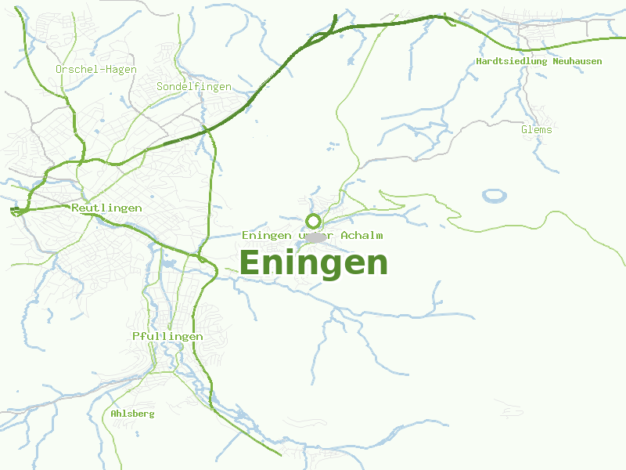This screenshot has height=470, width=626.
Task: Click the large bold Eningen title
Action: point(313,263)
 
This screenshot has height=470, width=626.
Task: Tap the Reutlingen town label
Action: point(106,208)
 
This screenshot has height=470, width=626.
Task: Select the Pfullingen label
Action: point(167,336)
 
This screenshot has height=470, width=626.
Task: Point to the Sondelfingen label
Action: point(194,87)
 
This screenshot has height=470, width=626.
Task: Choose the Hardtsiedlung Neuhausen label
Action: point(539,61)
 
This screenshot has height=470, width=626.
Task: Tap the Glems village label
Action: point(537,130)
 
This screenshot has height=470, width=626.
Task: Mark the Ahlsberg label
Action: point(132,414)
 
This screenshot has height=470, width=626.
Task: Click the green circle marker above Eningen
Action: point(314,221)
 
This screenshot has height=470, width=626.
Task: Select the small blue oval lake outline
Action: point(495,195)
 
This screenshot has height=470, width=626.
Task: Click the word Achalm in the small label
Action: point(362,236)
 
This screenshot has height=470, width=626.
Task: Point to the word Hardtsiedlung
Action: point(513,61)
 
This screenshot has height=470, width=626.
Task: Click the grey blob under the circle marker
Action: point(315,237)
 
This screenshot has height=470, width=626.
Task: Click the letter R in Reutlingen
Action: point(75,208)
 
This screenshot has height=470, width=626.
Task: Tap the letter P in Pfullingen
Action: point(136,336)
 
